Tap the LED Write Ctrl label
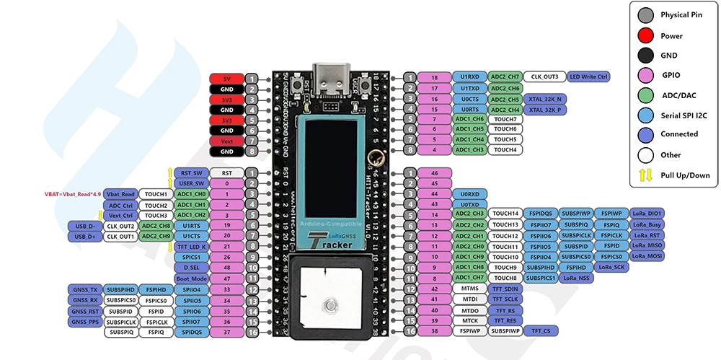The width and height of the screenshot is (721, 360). (x=590, y=76)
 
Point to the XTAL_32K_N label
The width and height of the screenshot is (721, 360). (x=545, y=99)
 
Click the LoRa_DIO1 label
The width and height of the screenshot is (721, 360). (x=647, y=214)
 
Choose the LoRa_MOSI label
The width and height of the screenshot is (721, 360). (x=647, y=256)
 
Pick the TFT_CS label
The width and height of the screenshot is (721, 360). (x=541, y=331)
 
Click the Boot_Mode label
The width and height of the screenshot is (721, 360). (x=191, y=278)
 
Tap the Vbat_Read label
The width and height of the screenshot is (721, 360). (x=120, y=194)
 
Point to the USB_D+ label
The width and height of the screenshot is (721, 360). (x=84, y=236)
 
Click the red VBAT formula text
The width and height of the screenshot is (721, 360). (x=71, y=194)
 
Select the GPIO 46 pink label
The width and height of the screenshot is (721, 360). (x=434, y=173)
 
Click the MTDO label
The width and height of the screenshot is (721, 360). (x=470, y=310)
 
